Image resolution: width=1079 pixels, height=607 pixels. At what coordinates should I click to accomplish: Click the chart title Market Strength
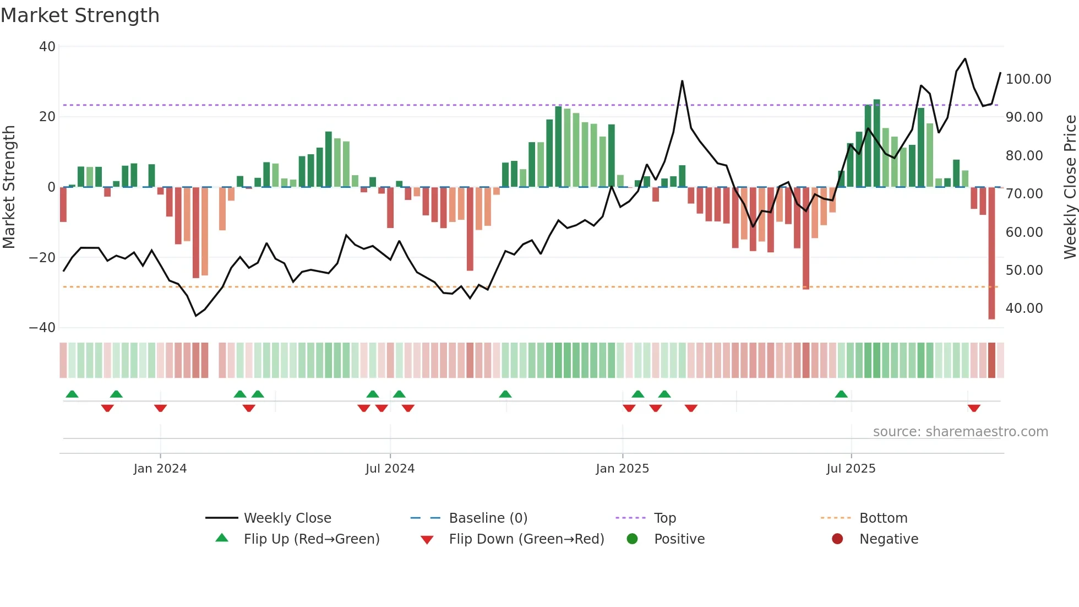tap(80, 15)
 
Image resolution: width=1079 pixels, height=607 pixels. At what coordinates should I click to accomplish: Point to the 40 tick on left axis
tap(47, 47)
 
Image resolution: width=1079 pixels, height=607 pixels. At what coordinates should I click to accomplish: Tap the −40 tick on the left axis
tap(42, 328)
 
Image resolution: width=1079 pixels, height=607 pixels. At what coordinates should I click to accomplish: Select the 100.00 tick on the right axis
tap(1028, 79)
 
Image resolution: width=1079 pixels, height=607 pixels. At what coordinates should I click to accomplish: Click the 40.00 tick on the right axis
tap(1024, 308)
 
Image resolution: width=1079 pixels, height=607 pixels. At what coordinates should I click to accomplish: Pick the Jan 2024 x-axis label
tap(160, 469)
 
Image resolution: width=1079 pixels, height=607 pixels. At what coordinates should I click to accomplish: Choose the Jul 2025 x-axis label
tap(851, 469)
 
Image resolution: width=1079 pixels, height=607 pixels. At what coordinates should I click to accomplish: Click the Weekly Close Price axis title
tap(1070, 187)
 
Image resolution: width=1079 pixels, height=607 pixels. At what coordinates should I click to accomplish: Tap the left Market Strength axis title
tap(9, 187)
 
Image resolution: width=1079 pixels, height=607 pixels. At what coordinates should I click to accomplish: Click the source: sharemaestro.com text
tap(960, 432)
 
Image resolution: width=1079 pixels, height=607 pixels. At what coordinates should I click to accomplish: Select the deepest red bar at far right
tap(991, 253)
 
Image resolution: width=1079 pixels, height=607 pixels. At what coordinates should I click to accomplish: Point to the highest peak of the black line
tap(965, 59)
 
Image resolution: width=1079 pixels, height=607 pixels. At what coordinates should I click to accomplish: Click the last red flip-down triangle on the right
tap(974, 408)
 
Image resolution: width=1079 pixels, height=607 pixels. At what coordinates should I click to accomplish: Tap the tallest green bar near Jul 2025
tap(876, 143)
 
